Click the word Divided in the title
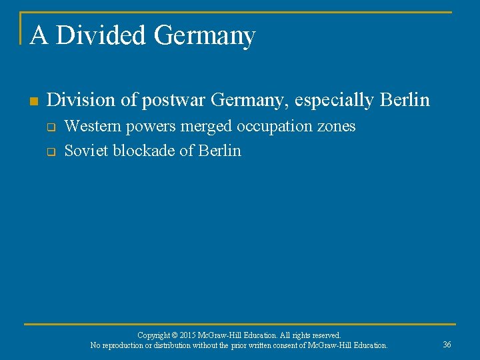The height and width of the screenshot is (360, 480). [x=102, y=35]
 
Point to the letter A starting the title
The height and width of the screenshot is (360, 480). [x=39, y=35]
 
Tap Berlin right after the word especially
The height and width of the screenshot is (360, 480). [x=405, y=100]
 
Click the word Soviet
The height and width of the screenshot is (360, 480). [x=86, y=151]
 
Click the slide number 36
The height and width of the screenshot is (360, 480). [x=447, y=344]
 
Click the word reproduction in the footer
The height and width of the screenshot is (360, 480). [x=123, y=345]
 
